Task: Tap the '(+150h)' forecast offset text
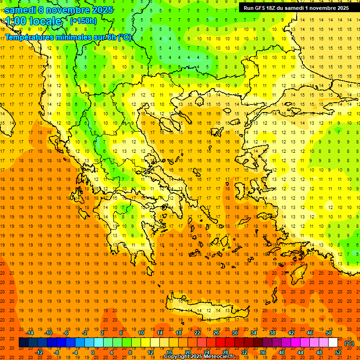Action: [x=83, y=21]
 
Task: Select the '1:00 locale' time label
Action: [x=34, y=21]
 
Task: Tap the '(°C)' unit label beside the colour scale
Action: [x=349, y=343]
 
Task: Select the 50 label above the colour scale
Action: [x=328, y=333]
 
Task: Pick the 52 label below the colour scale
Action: [x=338, y=352]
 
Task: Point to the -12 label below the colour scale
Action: [x=39, y=352]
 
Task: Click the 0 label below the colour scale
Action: [x=93, y=352]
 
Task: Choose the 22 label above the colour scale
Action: [x=197, y=333]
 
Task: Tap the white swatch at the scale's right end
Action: [x=333, y=343]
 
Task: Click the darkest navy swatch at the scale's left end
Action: [x=23, y=343]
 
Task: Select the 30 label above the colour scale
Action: [x=235, y=333]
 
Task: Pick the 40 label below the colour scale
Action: [x=282, y=352]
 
